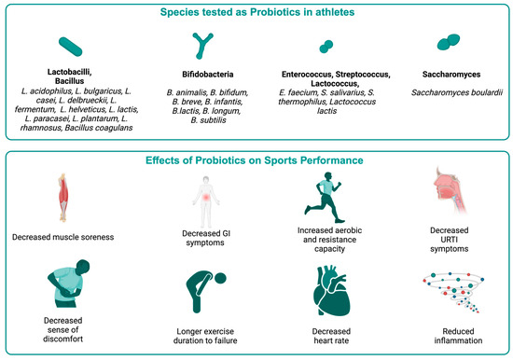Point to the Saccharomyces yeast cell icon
click(447, 44)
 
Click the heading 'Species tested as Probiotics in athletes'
click(256, 13)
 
